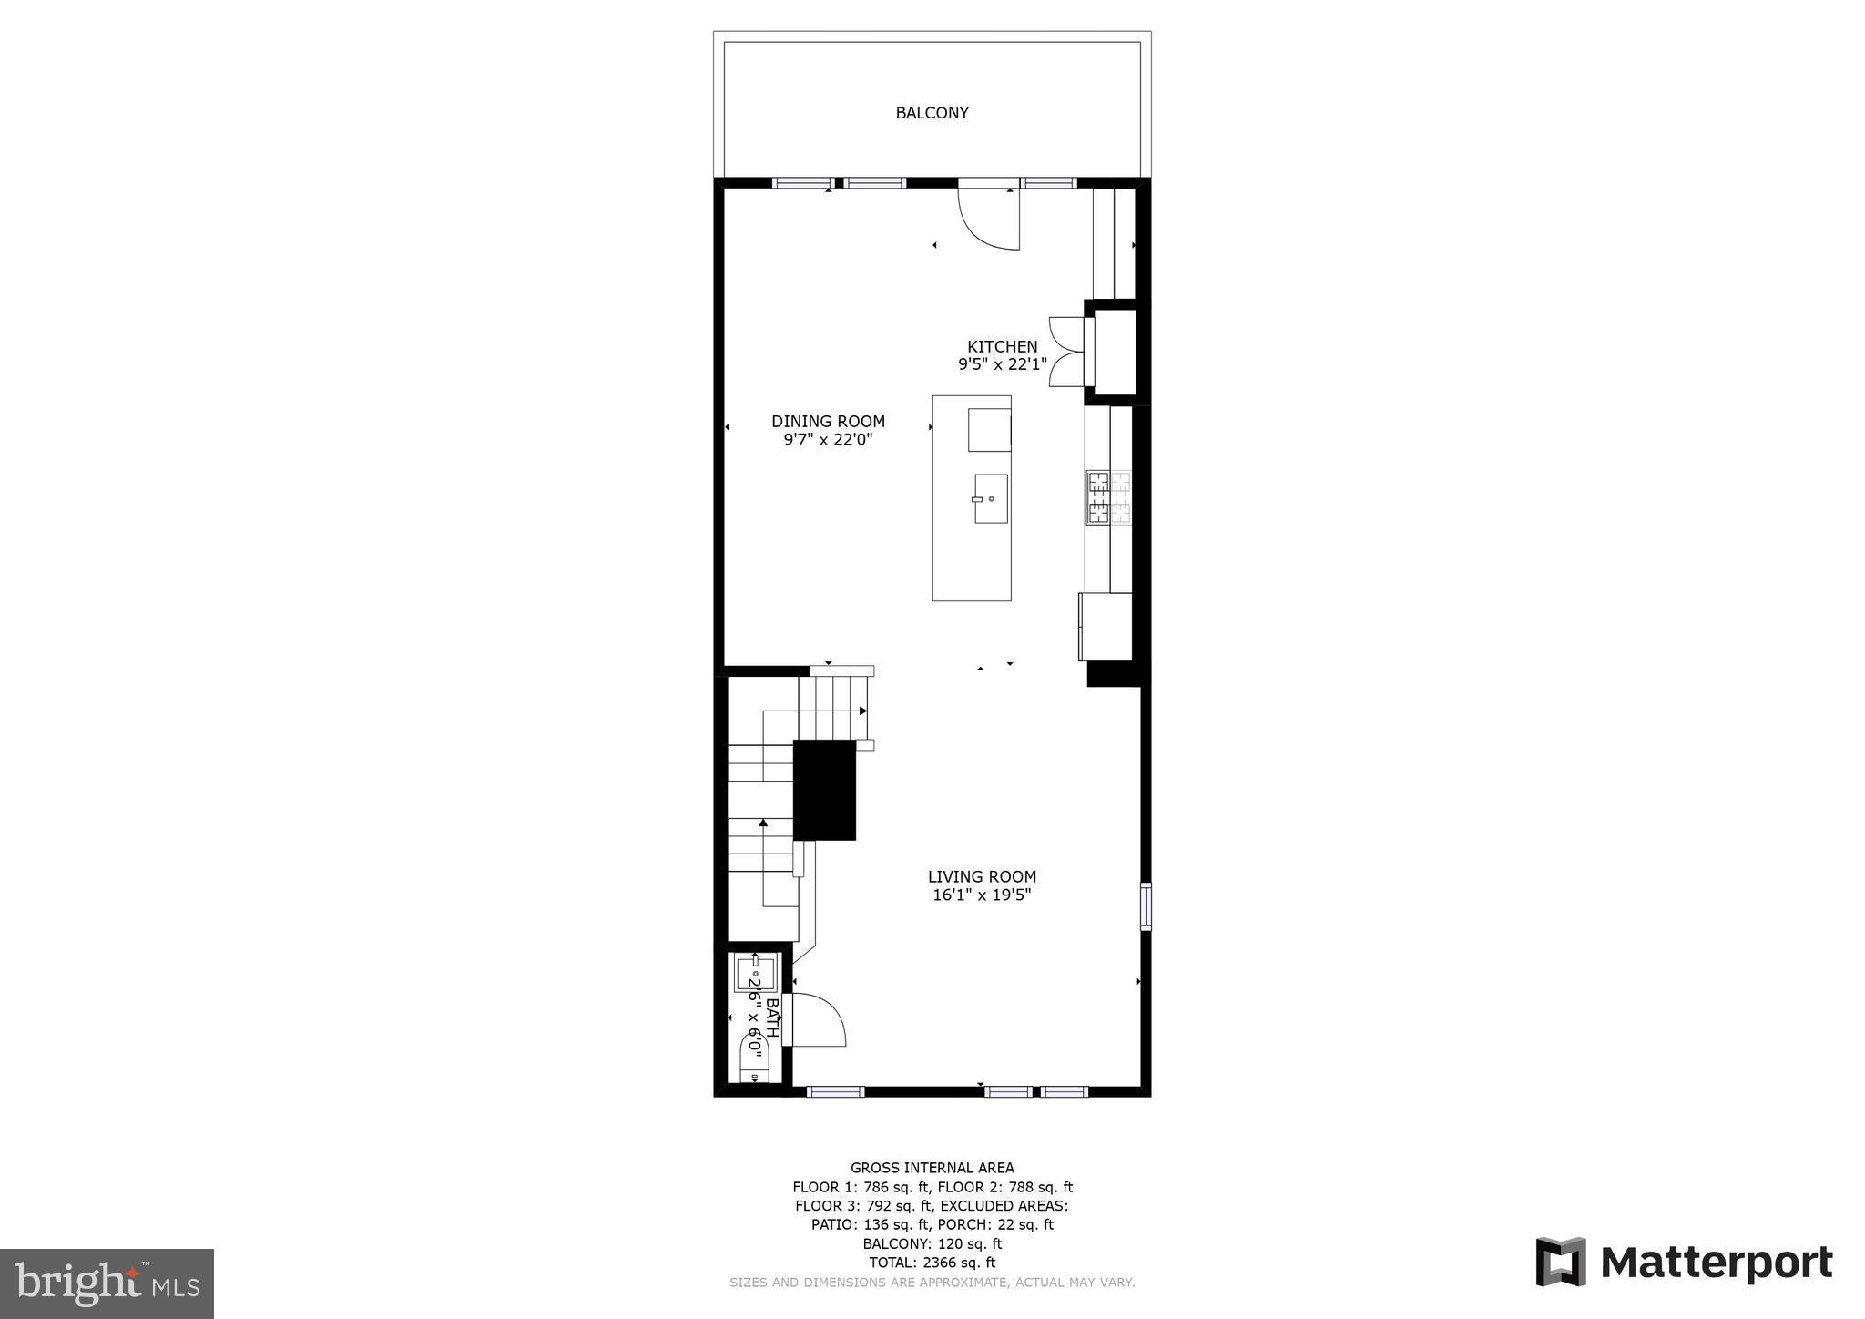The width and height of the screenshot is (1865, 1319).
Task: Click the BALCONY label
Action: pos(932,113)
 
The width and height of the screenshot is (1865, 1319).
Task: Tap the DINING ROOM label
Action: pos(828,421)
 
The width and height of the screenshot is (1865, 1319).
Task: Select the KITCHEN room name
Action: pos(1002,346)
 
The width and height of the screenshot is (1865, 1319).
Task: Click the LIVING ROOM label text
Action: pos(982,876)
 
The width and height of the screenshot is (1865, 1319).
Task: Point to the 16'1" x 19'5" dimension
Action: pos(982,895)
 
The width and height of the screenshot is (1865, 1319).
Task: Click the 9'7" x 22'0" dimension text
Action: pos(828,440)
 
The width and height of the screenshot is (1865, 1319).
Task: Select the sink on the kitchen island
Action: pos(991,498)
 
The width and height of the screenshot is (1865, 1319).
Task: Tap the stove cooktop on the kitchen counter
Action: pos(1108,497)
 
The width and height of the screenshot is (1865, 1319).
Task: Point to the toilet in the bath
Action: pos(755,1057)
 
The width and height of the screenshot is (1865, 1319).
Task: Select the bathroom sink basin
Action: pos(756,972)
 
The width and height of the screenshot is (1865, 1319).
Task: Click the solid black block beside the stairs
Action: pos(824,790)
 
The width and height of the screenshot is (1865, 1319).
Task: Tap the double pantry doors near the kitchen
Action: pos(1067,352)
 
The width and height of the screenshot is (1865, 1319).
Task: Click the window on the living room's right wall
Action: pos(1146,905)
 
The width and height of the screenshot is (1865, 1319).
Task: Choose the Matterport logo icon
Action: pos(1561,1262)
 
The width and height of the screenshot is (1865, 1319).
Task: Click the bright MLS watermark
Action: pos(107,1284)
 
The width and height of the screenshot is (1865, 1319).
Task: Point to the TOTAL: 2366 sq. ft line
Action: pos(932,1263)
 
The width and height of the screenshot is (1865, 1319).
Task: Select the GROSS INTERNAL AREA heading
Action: pos(932,1168)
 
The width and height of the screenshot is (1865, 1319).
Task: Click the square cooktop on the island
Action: pos(989,430)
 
